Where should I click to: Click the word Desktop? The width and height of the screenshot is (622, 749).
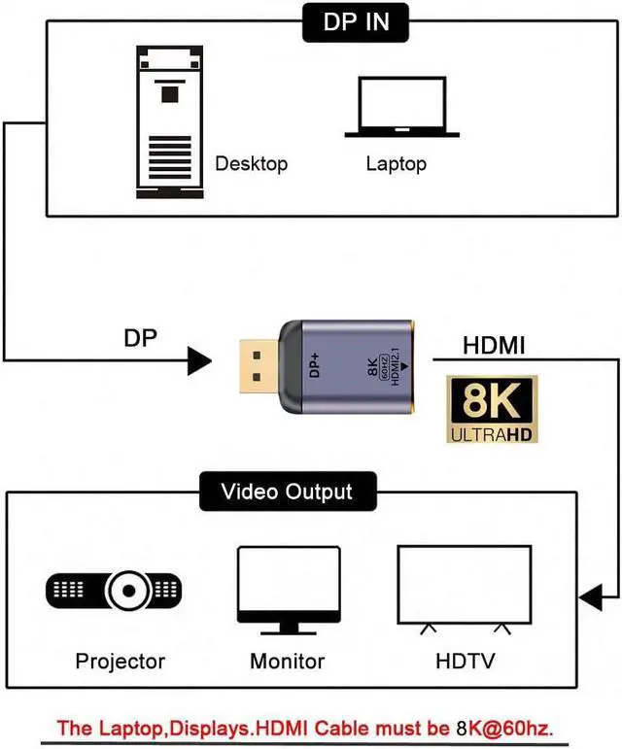tap(251, 163)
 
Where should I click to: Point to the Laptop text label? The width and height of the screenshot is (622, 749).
tap(396, 163)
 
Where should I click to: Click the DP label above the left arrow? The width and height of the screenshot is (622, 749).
tap(141, 338)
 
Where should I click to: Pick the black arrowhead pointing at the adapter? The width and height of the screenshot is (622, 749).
tap(199, 362)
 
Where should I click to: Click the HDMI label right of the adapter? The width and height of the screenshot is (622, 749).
tap(493, 345)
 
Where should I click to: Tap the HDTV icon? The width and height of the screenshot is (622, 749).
tap(465, 590)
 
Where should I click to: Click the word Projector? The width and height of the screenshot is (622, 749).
tap(120, 663)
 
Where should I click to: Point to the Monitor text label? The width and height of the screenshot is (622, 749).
tap(287, 663)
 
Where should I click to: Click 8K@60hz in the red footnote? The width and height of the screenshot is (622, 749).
tap(512, 727)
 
